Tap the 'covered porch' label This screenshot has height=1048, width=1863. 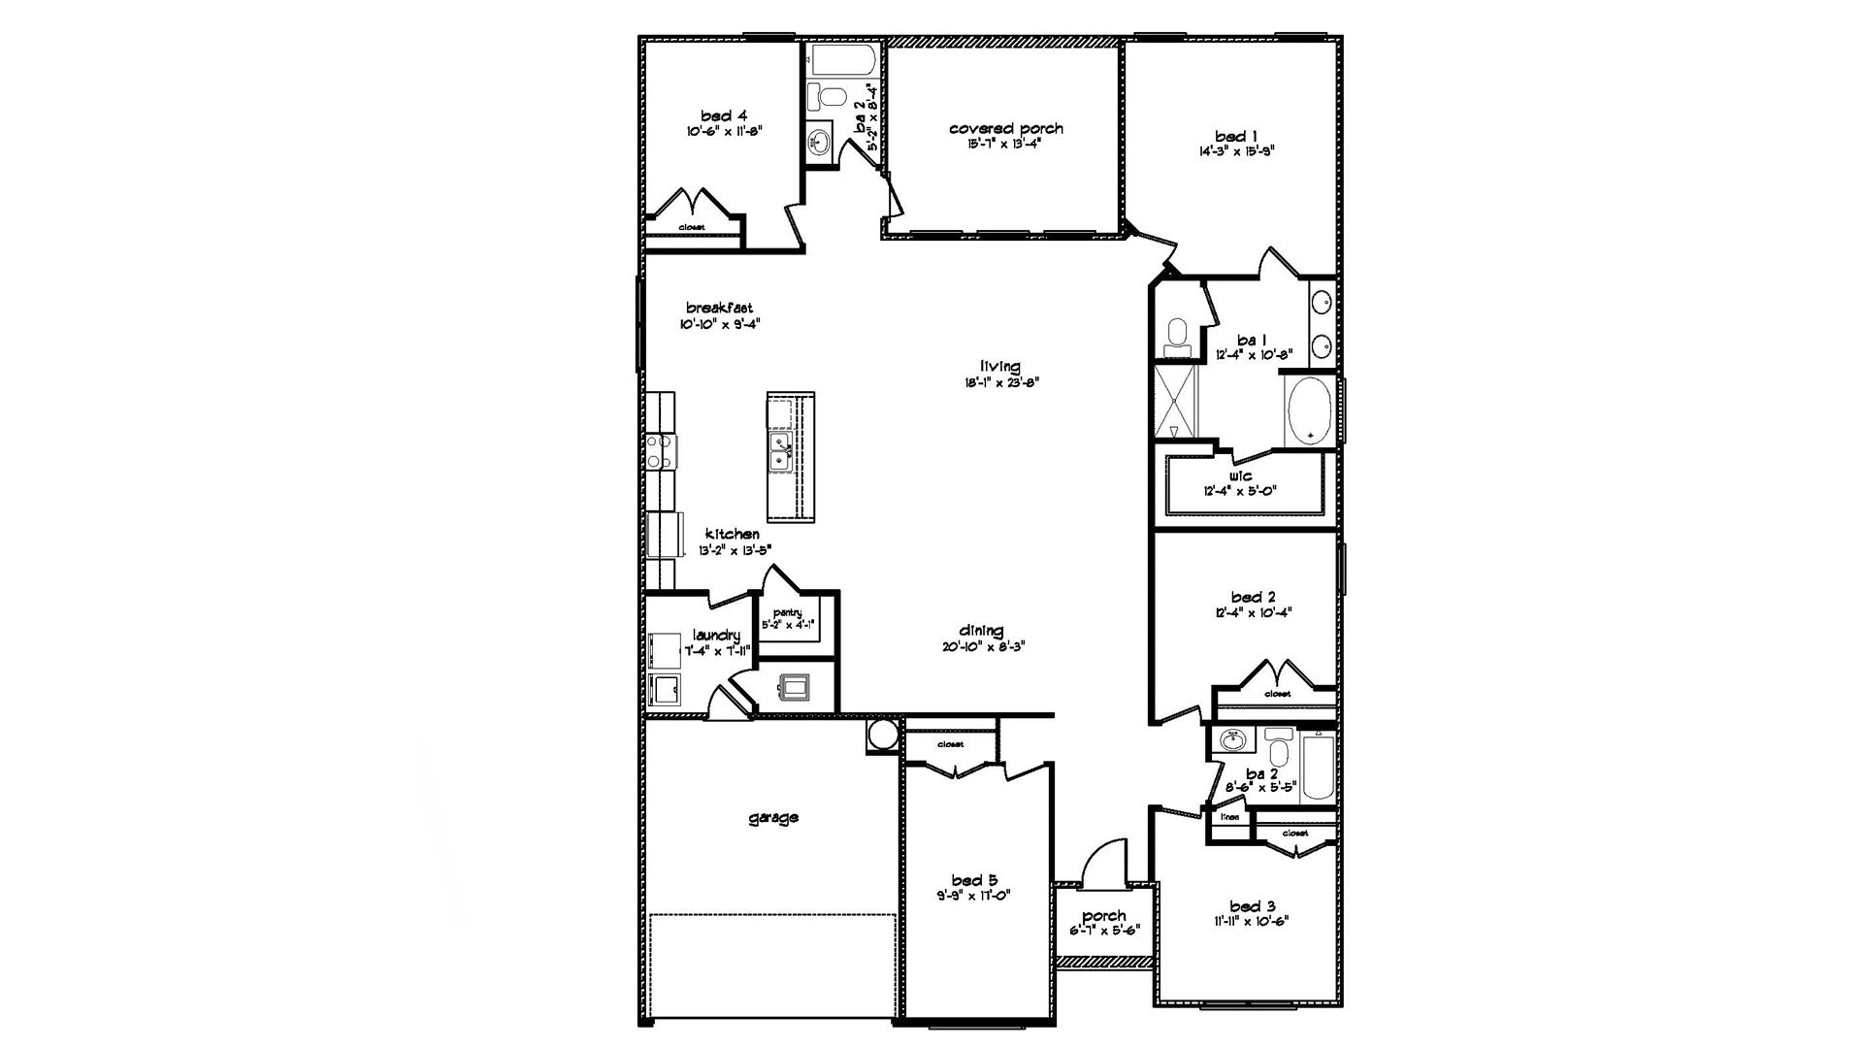click(x=1005, y=128)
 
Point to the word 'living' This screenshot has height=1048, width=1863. click(x=999, y=366)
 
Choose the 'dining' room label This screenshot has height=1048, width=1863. click(x=981, y=630)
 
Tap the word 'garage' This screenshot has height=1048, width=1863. click(x=773, y=817)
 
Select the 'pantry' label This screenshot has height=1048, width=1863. click(x=787, y=611)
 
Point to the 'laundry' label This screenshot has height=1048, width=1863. click(x=716, y=635)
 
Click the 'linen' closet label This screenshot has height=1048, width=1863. click(x=1228, y=817)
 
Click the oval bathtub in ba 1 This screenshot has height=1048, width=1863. click(x=1310, y=412)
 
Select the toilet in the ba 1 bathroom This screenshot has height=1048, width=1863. click(x=1177, y=333)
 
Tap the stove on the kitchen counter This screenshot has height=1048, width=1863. click(x=662, y=452)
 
